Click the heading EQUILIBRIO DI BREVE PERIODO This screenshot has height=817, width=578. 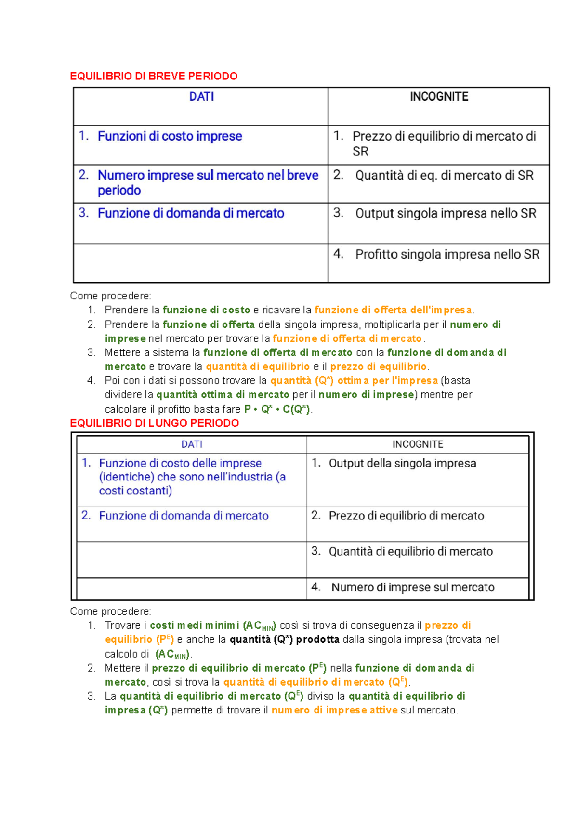pyautogui.click(x=154, y=76)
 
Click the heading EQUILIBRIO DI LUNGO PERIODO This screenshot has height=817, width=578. pyautogui.click(x=154, y=423)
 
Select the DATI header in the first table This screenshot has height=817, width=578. pyautogui.click(x=201, y=97)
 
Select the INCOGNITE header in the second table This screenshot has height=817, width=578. pyautogui.click(x=418, y=444)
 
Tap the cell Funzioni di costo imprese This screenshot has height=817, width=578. pyautogui.click(x=170, y=136)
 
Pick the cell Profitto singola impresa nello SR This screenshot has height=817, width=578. pyautogui.click(x=447, y=254)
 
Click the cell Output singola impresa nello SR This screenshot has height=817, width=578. pyautogui.click(x=446, y=213)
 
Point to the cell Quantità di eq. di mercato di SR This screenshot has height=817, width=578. pyautogui.click(x=444, y=175)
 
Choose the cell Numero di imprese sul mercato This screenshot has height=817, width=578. pyautogui.click(x=413, y=587)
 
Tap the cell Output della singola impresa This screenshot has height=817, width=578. pyautogui.click(x=402, y=463)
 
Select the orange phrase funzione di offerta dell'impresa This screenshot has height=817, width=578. pyautogui.click(x=393, y=310)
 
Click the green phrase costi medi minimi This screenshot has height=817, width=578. pyautogui.click(x=195, y=626)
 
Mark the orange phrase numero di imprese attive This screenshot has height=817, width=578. pyautogui.click(x=334, y=710)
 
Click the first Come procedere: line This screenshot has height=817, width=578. pyautogui.click(x=110, y=296)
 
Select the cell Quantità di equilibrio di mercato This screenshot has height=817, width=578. pyautogui.click(x=410, y=552)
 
